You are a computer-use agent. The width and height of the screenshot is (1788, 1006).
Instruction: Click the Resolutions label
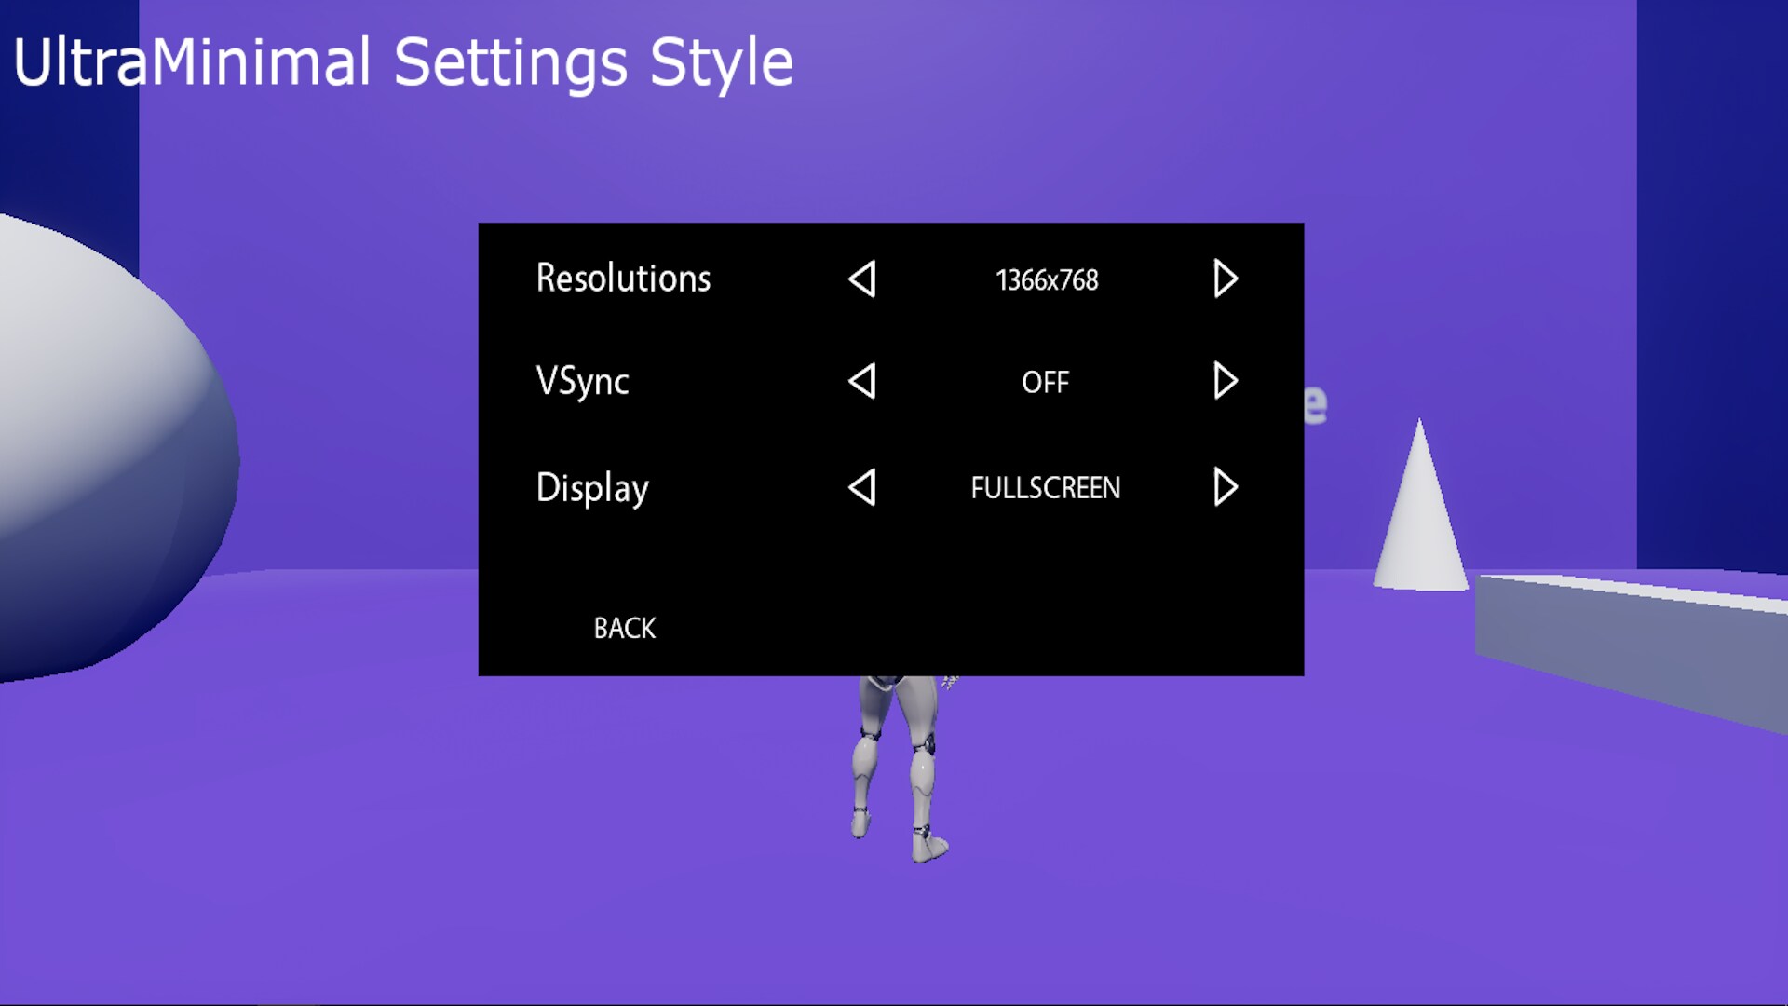[x=623, y=279]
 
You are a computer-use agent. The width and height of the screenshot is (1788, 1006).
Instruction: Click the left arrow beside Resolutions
[x=862, y=279]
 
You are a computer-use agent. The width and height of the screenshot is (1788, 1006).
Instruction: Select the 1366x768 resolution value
[x=1047, y=279]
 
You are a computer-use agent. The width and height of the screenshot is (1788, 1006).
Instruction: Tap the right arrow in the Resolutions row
[x=1226, y=279]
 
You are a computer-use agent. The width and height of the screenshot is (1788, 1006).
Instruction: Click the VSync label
[x=582, y=381]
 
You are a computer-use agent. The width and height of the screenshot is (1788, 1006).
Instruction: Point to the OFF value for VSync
[x=1045, y=382]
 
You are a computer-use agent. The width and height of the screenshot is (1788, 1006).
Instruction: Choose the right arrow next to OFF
[x=1226, y=381]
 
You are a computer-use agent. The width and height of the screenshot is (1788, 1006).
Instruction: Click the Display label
[x=592, y=487]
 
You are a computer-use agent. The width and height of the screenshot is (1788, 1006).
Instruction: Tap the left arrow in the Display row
[x=862, y=487]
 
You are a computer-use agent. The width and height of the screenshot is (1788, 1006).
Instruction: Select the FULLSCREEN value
[x=1045, y=487]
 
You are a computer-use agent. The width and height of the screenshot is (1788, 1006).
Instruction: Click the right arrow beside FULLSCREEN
[x=1226, y=487]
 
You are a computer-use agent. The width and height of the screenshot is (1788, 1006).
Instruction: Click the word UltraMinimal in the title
[x=191, y=63]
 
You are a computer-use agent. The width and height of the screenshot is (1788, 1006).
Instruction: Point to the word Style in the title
[x=721, y=63]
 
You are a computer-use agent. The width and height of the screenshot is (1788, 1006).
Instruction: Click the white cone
[x=1419, y=522]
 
